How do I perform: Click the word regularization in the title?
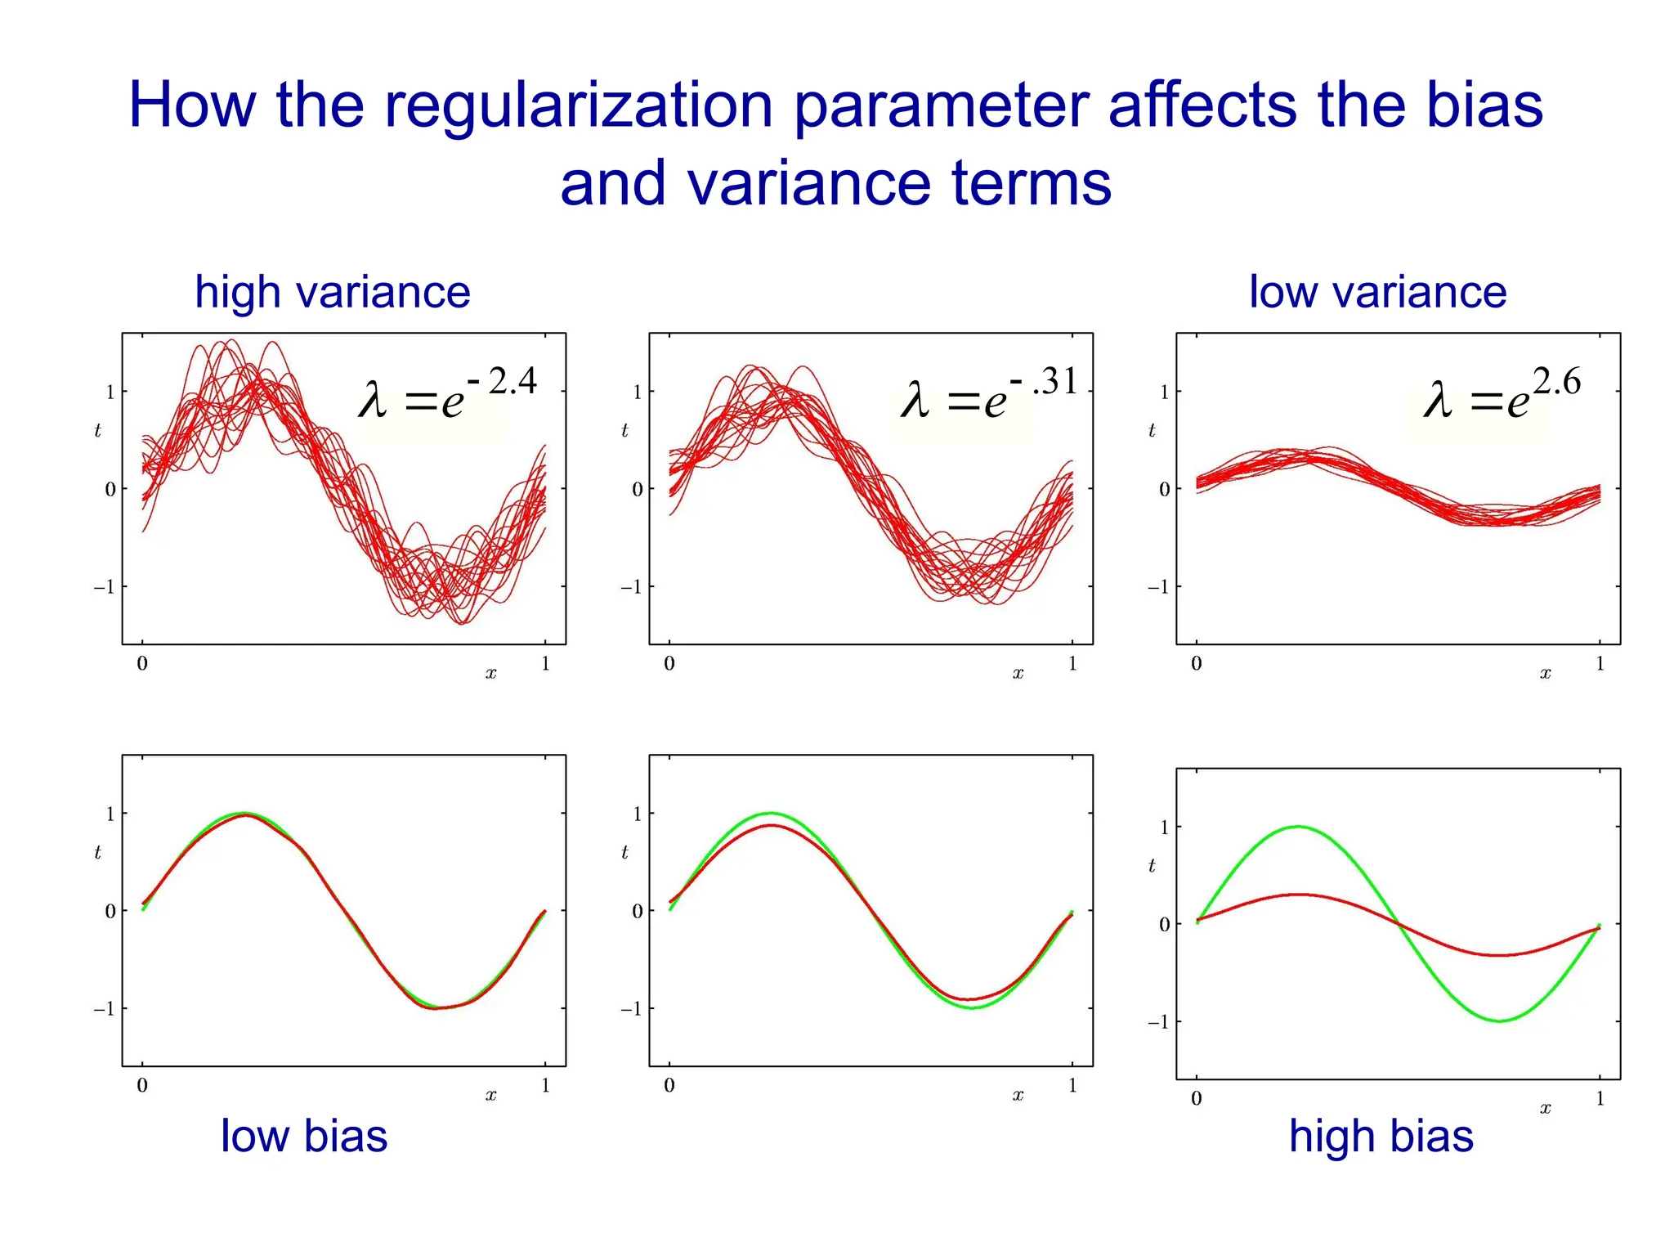[578, 106]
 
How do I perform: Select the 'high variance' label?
[332, 292]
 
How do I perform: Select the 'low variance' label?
[1377, 292]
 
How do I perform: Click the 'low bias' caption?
[304, 1136]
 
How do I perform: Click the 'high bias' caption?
[1381, 1136]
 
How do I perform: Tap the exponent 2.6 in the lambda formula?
[1556, 382]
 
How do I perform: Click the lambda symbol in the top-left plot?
[372, 401]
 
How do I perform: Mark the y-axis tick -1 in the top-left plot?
[104, 587]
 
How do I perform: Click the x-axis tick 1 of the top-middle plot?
[1072, 664]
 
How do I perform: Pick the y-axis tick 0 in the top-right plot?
[1164, 490]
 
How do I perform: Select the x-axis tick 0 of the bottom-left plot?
[142, 1086]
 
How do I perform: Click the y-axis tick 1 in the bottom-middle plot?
[637, 814]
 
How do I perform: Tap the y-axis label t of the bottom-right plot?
[1152, 865]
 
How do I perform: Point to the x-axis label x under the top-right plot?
[1545, 674]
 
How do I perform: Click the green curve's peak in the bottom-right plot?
[1298, 827]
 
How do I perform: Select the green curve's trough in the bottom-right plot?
[1500, 1020]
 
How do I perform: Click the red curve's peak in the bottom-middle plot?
[772, 826]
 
